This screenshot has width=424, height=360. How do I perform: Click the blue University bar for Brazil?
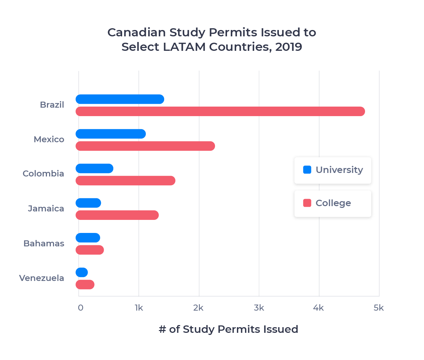120,100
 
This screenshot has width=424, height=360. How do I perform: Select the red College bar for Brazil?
220,111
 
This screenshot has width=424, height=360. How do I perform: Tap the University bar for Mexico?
111,134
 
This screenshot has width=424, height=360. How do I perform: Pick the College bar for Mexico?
145,146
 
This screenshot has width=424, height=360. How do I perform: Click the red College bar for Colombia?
125,180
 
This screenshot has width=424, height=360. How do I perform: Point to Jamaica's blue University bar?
88,203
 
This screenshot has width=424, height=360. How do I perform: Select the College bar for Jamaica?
117,215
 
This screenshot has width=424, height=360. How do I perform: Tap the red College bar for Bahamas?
90,250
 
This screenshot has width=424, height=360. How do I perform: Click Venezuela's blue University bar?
82,272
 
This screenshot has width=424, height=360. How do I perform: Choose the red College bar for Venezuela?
85,284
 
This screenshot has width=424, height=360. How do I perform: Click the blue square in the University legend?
307,170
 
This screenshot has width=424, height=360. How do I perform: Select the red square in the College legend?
307,203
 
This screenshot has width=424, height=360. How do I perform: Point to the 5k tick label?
378,308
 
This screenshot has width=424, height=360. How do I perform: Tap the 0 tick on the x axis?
80,308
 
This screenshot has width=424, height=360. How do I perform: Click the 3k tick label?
259,308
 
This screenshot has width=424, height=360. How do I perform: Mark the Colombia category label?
43,174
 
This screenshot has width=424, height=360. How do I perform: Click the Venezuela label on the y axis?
42,278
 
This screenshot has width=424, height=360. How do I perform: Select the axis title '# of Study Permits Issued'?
228,329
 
